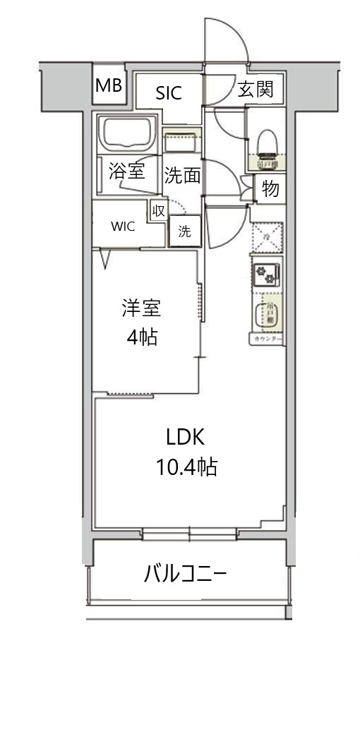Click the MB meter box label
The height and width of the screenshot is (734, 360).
(109, 86)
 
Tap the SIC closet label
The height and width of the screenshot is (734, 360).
(169, 92)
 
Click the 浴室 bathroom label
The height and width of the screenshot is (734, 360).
(127, 171)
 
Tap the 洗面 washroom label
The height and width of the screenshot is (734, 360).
(183, 176)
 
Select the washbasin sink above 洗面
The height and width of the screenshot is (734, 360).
(183, 141)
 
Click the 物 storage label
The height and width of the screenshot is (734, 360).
(270, 189)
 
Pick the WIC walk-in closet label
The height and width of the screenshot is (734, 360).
(122, 227)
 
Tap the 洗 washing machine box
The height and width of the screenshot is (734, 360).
(184, 231)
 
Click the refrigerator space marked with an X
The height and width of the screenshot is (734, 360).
(267, 236)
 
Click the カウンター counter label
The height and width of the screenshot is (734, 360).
(267, 339)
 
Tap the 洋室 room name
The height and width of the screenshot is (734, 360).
(141, 308)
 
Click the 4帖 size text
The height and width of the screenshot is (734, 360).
(141, 337)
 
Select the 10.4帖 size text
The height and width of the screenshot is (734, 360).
(185, 467)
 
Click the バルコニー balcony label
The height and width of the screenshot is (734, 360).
(185, 573)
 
